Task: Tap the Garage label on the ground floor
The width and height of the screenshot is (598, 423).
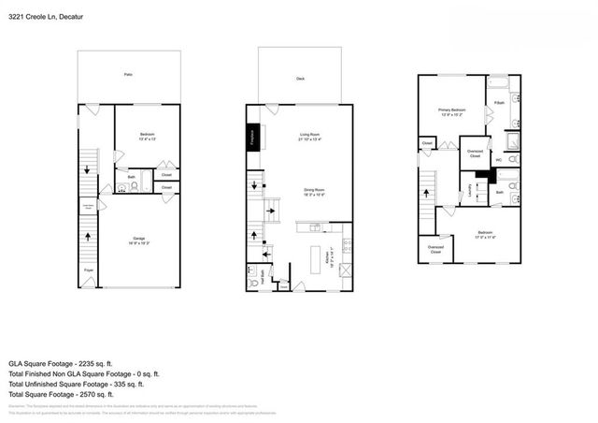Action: coord(137,241)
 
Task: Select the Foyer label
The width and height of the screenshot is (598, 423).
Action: coord(88,270)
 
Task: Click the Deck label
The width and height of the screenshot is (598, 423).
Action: coord(299,80)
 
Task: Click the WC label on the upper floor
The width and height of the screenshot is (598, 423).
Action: coord(498,160)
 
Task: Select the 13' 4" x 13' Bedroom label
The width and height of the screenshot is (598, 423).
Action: coord(147,138)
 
